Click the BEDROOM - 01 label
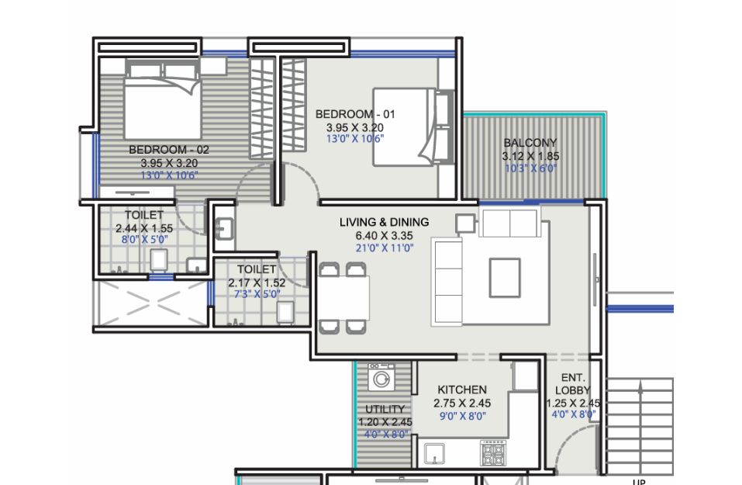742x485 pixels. click(355, 114)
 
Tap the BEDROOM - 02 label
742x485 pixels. click(169, 150)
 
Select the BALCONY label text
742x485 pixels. click(530, 143)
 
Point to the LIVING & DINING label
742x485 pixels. click(385, 222)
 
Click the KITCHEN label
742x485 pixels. click(462, 390)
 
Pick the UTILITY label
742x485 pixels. click(385, 409)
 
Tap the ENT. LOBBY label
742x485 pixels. click(573, 384)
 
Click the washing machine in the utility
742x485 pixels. click(381, 377)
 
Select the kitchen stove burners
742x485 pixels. click(493, 453)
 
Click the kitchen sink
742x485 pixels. click(434, 454)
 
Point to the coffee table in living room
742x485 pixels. click(505, 278)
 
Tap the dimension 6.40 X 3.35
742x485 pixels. click(385, 235)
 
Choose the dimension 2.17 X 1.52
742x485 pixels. click(257, 282)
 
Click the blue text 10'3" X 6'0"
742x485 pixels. click(530, 168)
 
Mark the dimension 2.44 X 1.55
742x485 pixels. click(144, 228)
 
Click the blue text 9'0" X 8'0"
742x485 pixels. click(463, 416)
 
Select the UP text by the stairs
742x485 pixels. click(639, 482)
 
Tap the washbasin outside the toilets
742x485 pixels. click(224, 228)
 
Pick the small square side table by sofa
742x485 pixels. click(466, 223)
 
